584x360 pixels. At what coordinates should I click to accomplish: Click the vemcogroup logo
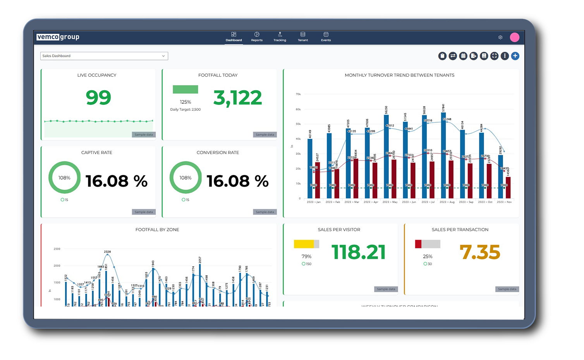pyautogui.click(x=58, y=37)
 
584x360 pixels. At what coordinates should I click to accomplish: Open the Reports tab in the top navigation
pyautogui.click(x=257, y=37)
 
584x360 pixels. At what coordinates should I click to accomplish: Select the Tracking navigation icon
pyautogui.click(x=280, y=37)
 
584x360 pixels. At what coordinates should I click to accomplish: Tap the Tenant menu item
pyautogui.click(x=303, y=37)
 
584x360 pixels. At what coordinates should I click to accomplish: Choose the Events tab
pyautogui.click(x=326, y=37)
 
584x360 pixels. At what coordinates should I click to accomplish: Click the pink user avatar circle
pyautogui.click(x=514, y=37)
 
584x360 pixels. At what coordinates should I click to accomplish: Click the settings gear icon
pyautogui.click(x=500, y=38)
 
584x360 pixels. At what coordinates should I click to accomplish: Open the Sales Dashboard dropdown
pyautogui.click(x=104, y=56)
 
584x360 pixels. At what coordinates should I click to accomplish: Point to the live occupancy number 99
pyautogui.click(x=98, y=97)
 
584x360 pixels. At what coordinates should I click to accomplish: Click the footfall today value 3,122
pyautogui.click(x=237, y=98)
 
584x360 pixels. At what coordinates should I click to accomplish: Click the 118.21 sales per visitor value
pyautogui.click(x=358, y=252)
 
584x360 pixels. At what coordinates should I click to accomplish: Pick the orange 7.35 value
pyautogui.click(x=479, y=252)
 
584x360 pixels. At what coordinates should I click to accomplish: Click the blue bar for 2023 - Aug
pyautogui.click(x=443, y=155)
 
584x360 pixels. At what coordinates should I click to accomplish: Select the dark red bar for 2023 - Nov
pyautogui.click(x=508, y=188)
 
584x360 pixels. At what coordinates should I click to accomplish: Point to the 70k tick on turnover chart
pyautogui.click(x=298, y=94)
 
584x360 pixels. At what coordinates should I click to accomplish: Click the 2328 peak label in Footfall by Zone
pyautogui.click(x=107, y=252)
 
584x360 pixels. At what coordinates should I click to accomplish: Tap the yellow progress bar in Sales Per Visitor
pyautogui.click(x=304, y=244)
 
